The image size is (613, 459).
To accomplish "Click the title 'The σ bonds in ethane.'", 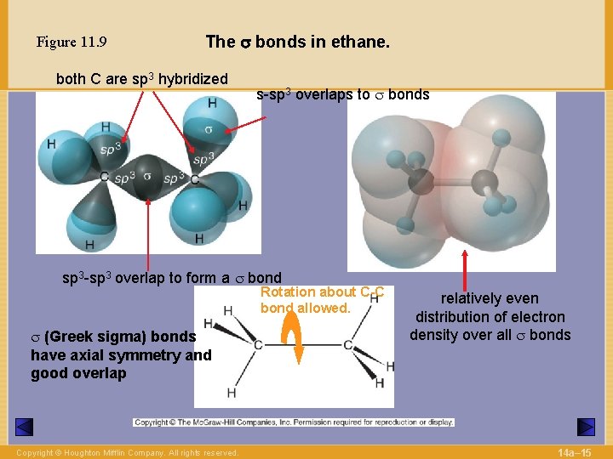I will click(x=297, y=41).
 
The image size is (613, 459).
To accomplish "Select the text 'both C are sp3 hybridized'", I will click(x=141, y=79).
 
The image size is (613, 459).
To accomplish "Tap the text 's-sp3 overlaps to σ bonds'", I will click(x=343, y=94).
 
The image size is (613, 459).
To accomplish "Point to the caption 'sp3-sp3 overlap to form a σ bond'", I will click(x=172, y=277).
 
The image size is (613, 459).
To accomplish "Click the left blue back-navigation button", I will click(x=25, y=427).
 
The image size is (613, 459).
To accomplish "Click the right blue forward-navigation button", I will click(x=586, y=427).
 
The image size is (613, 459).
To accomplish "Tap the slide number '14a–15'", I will click(x=576, y=450).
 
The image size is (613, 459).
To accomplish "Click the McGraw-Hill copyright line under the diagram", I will click(x=294, y=422).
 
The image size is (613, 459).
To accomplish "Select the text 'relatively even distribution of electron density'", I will click(x=490, y=316).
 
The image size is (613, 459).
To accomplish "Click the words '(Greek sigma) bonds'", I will click(x=113, y=336).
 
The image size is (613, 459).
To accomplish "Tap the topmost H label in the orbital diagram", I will click(x=211, y=103).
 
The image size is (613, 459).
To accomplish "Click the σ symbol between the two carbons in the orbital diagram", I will click(x=147, y=175).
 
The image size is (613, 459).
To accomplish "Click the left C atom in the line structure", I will click(x=257, y=344).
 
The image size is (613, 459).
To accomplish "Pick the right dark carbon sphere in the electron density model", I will click(x=484, y=181).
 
